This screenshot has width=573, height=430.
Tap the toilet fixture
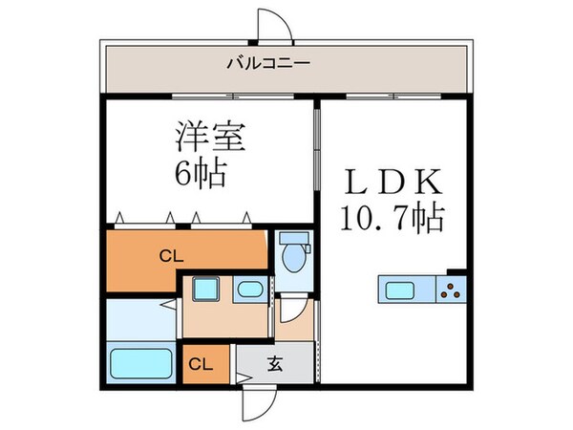[x=294, y=253]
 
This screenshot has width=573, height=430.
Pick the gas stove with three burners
[x=450, y=288]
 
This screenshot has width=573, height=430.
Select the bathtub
[x=140, y=364]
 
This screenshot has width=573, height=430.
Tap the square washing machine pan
[x=203, y=289]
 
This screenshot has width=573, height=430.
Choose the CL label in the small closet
[x=199, y=363]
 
